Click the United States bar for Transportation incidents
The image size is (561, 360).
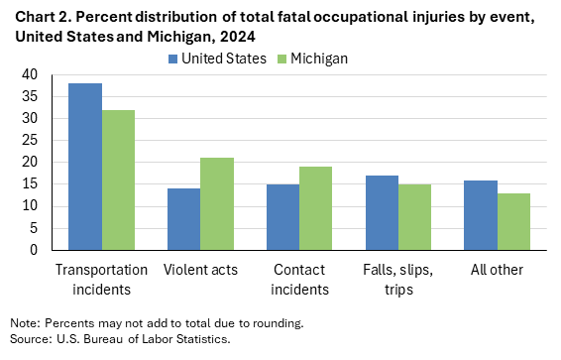(x=85, y=167)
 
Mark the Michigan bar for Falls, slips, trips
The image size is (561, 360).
(x=415, y=217)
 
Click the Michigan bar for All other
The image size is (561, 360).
(x=514, y=221)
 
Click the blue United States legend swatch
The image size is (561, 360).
(x=172, y=59)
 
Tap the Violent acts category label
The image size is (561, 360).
(x=201, y=270)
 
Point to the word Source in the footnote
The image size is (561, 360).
(x=27, y=339)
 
